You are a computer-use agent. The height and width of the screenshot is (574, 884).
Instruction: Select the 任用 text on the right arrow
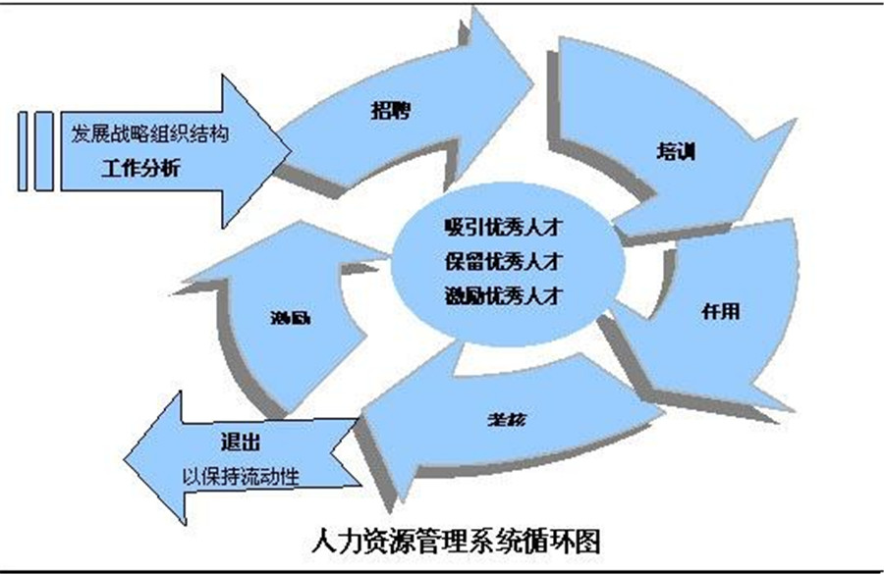pyautogui.click(x=721, y=312)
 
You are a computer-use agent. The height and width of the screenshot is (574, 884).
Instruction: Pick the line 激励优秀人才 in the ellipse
pyautogui.click(x=502, y=292)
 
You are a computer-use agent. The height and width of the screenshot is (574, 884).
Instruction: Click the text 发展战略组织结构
pyautogui.click(x=150, y=133)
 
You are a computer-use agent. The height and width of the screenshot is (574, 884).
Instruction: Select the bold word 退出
pyautogui.click(x=243, y=439)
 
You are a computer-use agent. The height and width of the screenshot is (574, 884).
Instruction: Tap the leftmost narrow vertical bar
pyautogui.click(x=25, y=150)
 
